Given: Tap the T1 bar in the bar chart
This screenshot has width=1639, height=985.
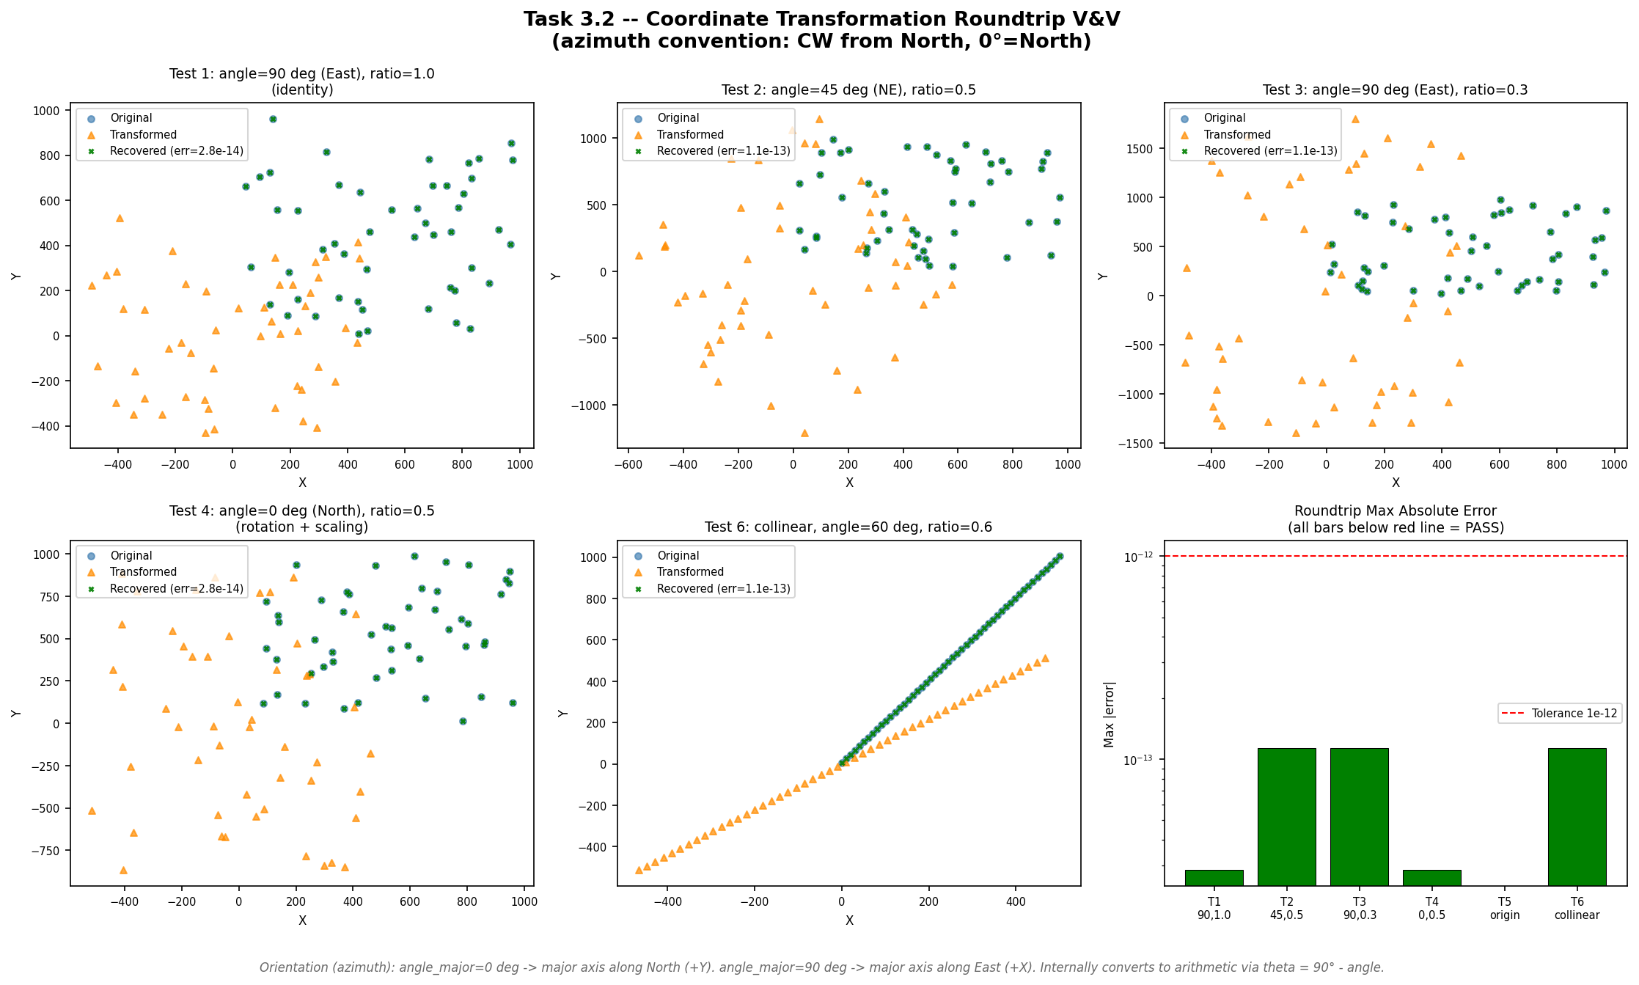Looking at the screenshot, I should [1214, 877].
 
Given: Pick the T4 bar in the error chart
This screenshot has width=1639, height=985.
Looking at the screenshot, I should [1431, 877].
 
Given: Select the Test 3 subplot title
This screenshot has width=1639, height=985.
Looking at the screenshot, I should [1395, 89].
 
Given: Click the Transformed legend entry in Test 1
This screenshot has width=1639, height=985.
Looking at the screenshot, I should [143, 134].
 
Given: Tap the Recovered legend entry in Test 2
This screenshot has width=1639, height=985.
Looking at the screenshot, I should [723, 150].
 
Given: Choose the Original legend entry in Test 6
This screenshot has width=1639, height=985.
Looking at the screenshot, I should [678, 555].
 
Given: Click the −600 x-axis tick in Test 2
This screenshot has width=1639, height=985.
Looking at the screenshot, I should [628, 464].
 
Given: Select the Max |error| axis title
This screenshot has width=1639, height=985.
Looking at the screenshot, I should [1109, 714].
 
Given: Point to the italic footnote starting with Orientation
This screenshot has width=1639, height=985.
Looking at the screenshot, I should [821, 967].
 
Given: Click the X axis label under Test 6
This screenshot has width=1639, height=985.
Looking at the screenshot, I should [848, 920].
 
